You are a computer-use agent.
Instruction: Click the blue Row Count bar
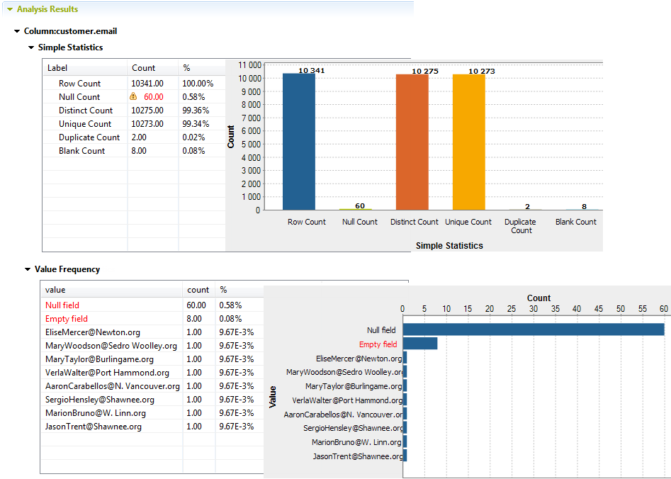pyautogui.click(x=298, y=142)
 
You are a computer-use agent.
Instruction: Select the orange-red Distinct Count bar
pyautogui.click(x=412, y=142)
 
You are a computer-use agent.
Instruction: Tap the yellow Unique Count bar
pyautogui.click(x=468, y=142)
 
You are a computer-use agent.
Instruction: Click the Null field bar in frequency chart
pyautogui.click(x=534, y=329)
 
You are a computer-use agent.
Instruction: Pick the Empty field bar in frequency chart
pyautogui.click(x=420, y=344)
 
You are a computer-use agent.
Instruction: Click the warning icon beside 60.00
pyautogui.click(x=133, y=97)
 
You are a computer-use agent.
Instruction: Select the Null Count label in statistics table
pyautogui.click(x=79, y=97)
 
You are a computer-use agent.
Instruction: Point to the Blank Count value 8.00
pyautogui.click(x=139, y=151)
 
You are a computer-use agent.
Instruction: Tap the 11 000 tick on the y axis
pyautogui.click(x=249, y=64)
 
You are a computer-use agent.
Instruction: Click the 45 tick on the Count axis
pyautogui.click(x=599, y=309)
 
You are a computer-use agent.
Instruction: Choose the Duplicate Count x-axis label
pyautogui.click(x=521, y=226)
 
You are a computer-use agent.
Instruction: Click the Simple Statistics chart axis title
pyautogui.click(x=449, y=246)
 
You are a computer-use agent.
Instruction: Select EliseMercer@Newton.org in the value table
pyautogui.click(x=93, y=332)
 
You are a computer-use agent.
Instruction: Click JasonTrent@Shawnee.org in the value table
pyautogui.click(x=94, y=427)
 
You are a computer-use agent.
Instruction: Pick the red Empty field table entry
pyautogui.click(x=67, y=319)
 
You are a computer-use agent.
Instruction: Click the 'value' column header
pyautogui.click(x=55, y=290)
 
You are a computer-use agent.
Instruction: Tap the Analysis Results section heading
pyautogui.click(x=47, y=9)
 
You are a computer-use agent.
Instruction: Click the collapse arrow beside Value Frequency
pyautogui.click(x=28, y=269)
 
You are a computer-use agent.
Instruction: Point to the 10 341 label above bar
pyautogui.click(x=312, y=71)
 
